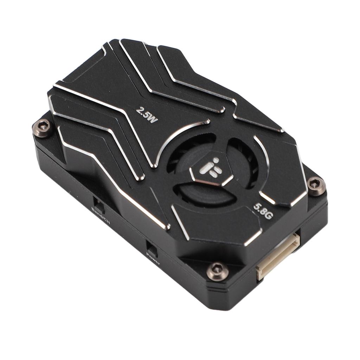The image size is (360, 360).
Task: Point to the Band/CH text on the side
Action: (101, 216)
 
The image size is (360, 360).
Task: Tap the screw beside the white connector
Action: (217, 270)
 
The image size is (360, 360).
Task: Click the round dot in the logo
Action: (216, 160)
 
